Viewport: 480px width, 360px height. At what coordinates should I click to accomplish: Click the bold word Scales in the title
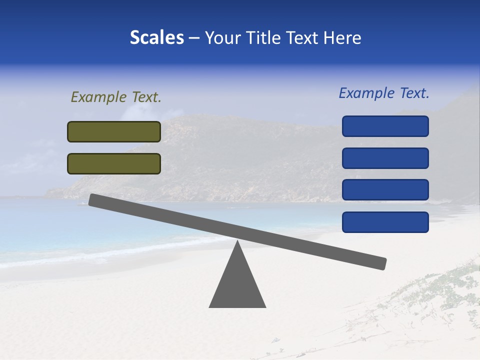pos(156,38)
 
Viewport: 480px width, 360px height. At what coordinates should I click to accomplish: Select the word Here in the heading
pos(342,38)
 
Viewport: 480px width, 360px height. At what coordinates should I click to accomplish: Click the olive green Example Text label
pos(116,97)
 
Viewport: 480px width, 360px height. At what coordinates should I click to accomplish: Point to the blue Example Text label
pos(384,93)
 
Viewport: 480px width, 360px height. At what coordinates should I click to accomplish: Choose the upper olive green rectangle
pos(114,131)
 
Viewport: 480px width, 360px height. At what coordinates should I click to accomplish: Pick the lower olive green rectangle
pos(114,163)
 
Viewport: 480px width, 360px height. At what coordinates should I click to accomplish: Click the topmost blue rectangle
pos(385,126)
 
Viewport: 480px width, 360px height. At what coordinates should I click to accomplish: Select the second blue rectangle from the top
pos(385,158)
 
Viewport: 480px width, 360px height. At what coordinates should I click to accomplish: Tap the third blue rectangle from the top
pos(385,190)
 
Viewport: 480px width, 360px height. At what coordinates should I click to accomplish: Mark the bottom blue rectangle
pos(385,222)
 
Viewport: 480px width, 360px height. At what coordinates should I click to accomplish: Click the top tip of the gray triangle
pos(237,242)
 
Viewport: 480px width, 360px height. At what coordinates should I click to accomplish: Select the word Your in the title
pos(223,38)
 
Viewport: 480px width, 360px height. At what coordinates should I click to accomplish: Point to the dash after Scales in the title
pos(194,38)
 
